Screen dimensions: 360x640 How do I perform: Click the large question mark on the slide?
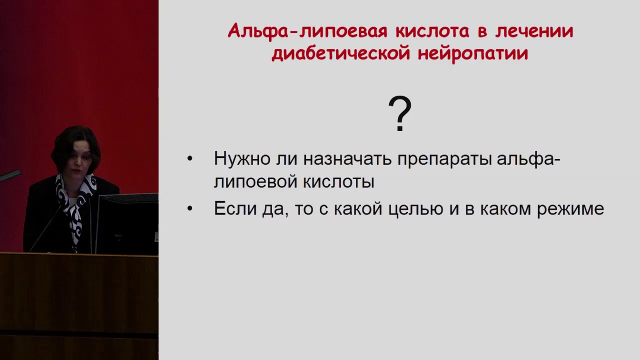tap(399, 115)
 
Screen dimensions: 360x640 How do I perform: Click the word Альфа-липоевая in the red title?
tap(307, 31)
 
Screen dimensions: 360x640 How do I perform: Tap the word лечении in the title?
tap(534, 31)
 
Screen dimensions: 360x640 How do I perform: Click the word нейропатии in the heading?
tap(473, 53)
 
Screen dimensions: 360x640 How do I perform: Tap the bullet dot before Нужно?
tap(189, 159)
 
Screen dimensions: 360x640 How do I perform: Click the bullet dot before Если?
tap(189, 208)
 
